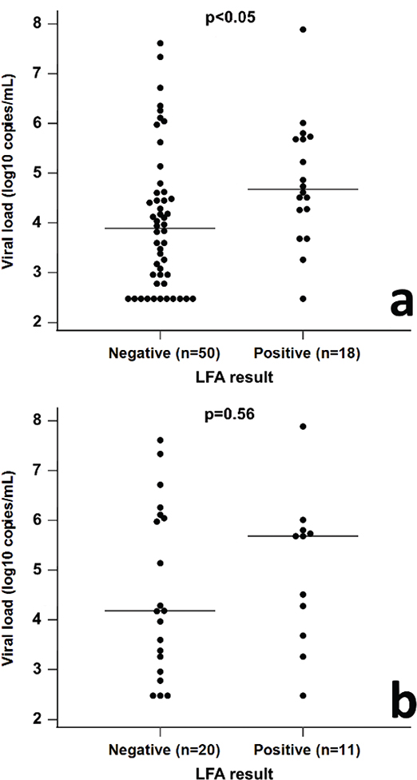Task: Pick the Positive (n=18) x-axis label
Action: (x=304, y=352)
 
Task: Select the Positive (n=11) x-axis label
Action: (x=304, y=750)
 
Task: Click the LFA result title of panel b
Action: (x=232, y=771)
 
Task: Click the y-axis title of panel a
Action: (x=10, y=172)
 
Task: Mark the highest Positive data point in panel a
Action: (x=303, y=30)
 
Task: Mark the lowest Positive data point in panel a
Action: (x=303, y=299)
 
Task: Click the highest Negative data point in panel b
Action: (x=161, y=440)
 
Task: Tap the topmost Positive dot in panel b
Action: (x=303, y=427)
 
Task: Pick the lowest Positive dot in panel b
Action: (x=303, y=696)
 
